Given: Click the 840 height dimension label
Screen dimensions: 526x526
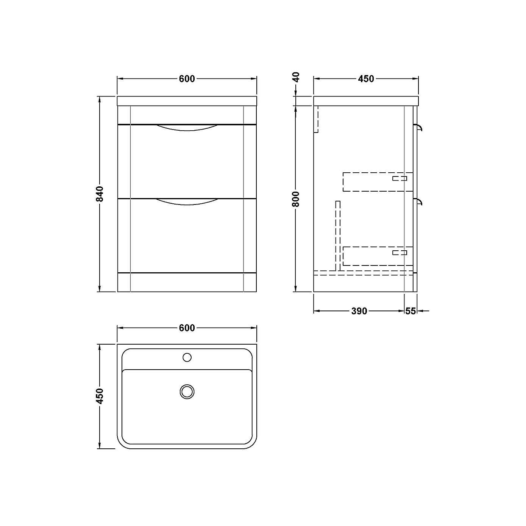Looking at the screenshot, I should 100,194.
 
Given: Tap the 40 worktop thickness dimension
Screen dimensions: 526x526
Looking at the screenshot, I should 297,77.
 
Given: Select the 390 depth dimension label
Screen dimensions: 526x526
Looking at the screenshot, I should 359,311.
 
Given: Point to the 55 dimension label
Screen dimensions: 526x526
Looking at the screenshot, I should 410,311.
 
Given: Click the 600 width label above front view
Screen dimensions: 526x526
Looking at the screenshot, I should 187,79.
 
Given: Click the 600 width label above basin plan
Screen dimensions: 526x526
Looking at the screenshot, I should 187,328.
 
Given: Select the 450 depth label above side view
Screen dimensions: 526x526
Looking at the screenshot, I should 366,79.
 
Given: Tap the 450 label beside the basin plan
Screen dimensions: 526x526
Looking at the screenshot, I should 100,396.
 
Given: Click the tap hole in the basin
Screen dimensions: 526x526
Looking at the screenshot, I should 187,357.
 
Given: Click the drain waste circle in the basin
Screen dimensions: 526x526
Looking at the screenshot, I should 187,392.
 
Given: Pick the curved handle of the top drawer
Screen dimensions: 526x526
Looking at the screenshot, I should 187,128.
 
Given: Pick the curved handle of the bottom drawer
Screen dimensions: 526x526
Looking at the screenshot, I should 187,202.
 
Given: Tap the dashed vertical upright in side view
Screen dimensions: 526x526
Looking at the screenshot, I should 338,235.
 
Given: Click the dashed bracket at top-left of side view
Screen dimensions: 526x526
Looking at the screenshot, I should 316,119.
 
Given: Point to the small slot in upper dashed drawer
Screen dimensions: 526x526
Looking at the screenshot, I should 400,178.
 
